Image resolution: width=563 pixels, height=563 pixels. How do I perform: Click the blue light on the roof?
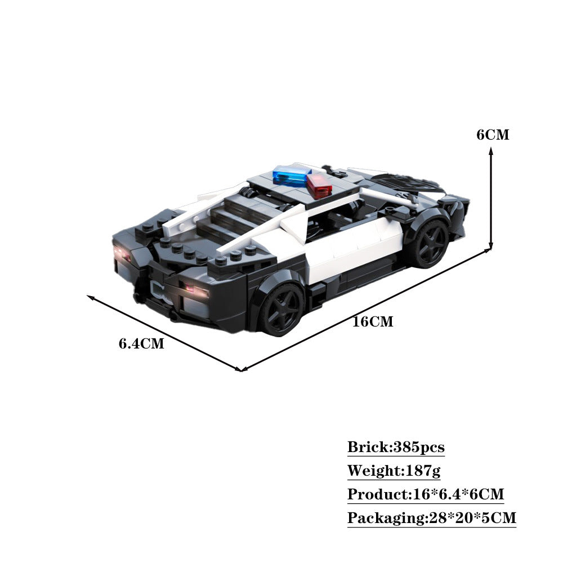(291, 176)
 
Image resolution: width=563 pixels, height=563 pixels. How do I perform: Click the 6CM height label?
(492, 135)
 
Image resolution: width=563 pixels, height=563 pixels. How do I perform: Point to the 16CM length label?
(372, 322)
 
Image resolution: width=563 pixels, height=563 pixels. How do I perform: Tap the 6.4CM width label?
(141, 343)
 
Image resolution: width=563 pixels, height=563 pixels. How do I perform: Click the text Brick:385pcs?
(396, 448)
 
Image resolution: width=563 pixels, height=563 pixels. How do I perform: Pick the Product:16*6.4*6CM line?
(425, 494)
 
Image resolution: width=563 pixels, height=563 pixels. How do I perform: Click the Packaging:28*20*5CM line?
(431, 518)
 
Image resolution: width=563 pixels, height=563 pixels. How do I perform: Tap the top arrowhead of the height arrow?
(491, 149)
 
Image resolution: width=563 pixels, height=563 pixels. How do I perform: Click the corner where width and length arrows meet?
(241, 370)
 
